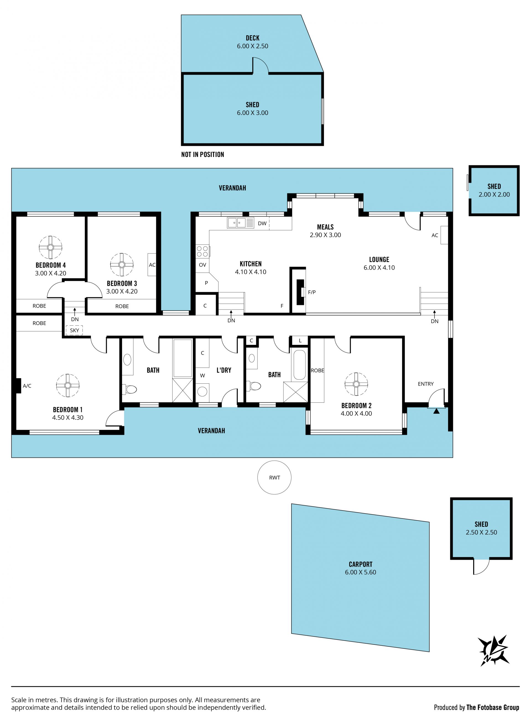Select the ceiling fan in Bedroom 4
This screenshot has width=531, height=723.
coord(50,247)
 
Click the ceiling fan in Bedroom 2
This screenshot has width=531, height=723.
coord(356,384)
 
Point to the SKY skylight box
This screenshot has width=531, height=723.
coord(74,330)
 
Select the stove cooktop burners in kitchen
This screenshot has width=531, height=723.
coord(202,251)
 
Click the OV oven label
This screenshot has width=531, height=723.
coord(202,265)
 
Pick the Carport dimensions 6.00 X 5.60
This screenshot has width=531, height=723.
coord(360,572)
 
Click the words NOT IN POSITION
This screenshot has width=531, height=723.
coord(202,154)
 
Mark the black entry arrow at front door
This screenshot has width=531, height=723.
coord(436,411)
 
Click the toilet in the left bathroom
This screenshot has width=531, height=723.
coord(129,390)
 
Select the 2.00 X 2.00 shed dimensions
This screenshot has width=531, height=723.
coord(494,194)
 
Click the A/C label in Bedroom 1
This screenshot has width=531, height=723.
coord(27,386)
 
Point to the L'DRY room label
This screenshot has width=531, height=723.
coord(224,370)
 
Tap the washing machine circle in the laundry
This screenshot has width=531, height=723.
coord(202,391)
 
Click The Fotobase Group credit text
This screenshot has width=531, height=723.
coord(493,707)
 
